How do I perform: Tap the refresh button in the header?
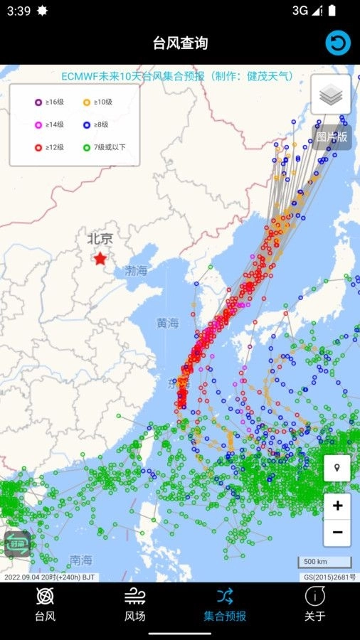pos(338,43)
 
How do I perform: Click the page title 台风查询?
pos(180,43)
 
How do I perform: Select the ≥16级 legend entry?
pos(50,102)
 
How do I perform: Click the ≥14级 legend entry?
pos(50,124)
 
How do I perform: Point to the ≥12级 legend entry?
pos(50,147)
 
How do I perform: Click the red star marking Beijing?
pos(100,258)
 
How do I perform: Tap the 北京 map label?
pos(100,240)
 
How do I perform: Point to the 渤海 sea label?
pos(136,270)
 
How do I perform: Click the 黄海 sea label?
pos(169,324)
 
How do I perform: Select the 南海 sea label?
pos(80,560)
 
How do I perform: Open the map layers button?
pos(331,95)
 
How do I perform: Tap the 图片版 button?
pos(332,137)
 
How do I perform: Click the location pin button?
pos(337,468)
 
